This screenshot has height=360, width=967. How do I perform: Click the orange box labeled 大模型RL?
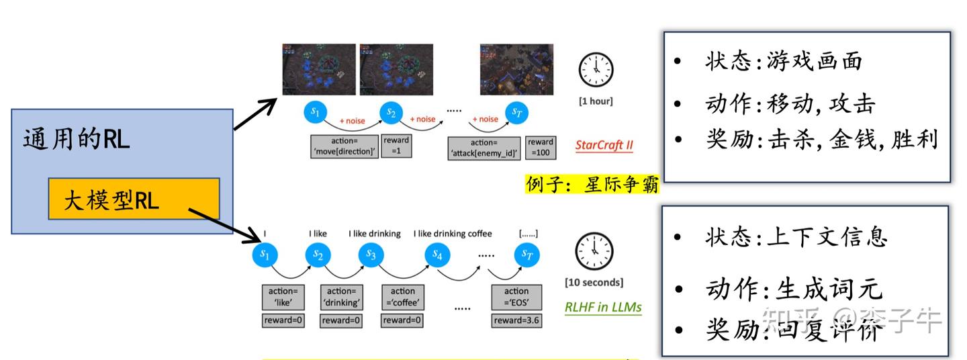click(134, 199)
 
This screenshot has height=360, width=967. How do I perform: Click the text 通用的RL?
click(76, 140)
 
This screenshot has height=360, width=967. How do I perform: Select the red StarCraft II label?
click(604, 145)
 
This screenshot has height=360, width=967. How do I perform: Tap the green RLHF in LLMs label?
click(602, 308)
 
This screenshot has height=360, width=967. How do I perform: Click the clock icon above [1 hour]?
click(596, 69)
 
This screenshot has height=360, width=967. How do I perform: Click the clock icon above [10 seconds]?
click(594, 251)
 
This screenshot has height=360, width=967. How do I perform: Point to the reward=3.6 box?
click(516, 320)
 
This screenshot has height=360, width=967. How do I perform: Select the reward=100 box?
click(540, 147)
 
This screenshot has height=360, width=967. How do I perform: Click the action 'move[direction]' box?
click(344, 147)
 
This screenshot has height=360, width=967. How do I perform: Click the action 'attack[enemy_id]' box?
click(483, 148)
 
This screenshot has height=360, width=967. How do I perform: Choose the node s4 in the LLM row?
click(437, 255)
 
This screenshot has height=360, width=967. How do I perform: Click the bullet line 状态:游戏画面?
click(783, 62)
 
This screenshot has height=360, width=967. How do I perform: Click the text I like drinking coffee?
click(453, 234)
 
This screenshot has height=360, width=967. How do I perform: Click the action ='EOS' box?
click(516, 296)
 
